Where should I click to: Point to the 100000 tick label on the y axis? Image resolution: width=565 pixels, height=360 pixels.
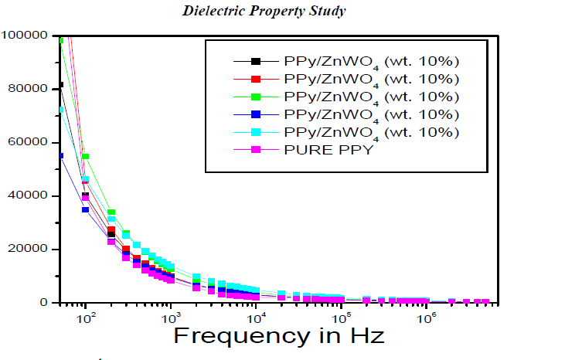pyautogui.click(x=26, y=35)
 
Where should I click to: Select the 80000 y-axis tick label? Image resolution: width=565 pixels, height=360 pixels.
pyautogui.click(x=29, y=89)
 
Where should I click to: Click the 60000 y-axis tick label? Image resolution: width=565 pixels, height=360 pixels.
pyautogui.click(x=29, y=143)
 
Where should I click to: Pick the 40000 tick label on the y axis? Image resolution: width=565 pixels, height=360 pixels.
pyautogui.click(x=29, y=196)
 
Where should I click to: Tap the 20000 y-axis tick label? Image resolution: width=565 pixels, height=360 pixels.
pyautogui.click(x=29, y=250)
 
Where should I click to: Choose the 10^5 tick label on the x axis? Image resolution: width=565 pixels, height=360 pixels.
pyautogui.click(x=339, y=316)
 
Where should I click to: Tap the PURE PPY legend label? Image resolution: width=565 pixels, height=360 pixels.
pyautogui.click(x=328, y=150)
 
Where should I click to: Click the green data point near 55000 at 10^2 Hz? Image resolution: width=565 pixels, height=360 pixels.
pyautogui.click(x=86, y=157)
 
